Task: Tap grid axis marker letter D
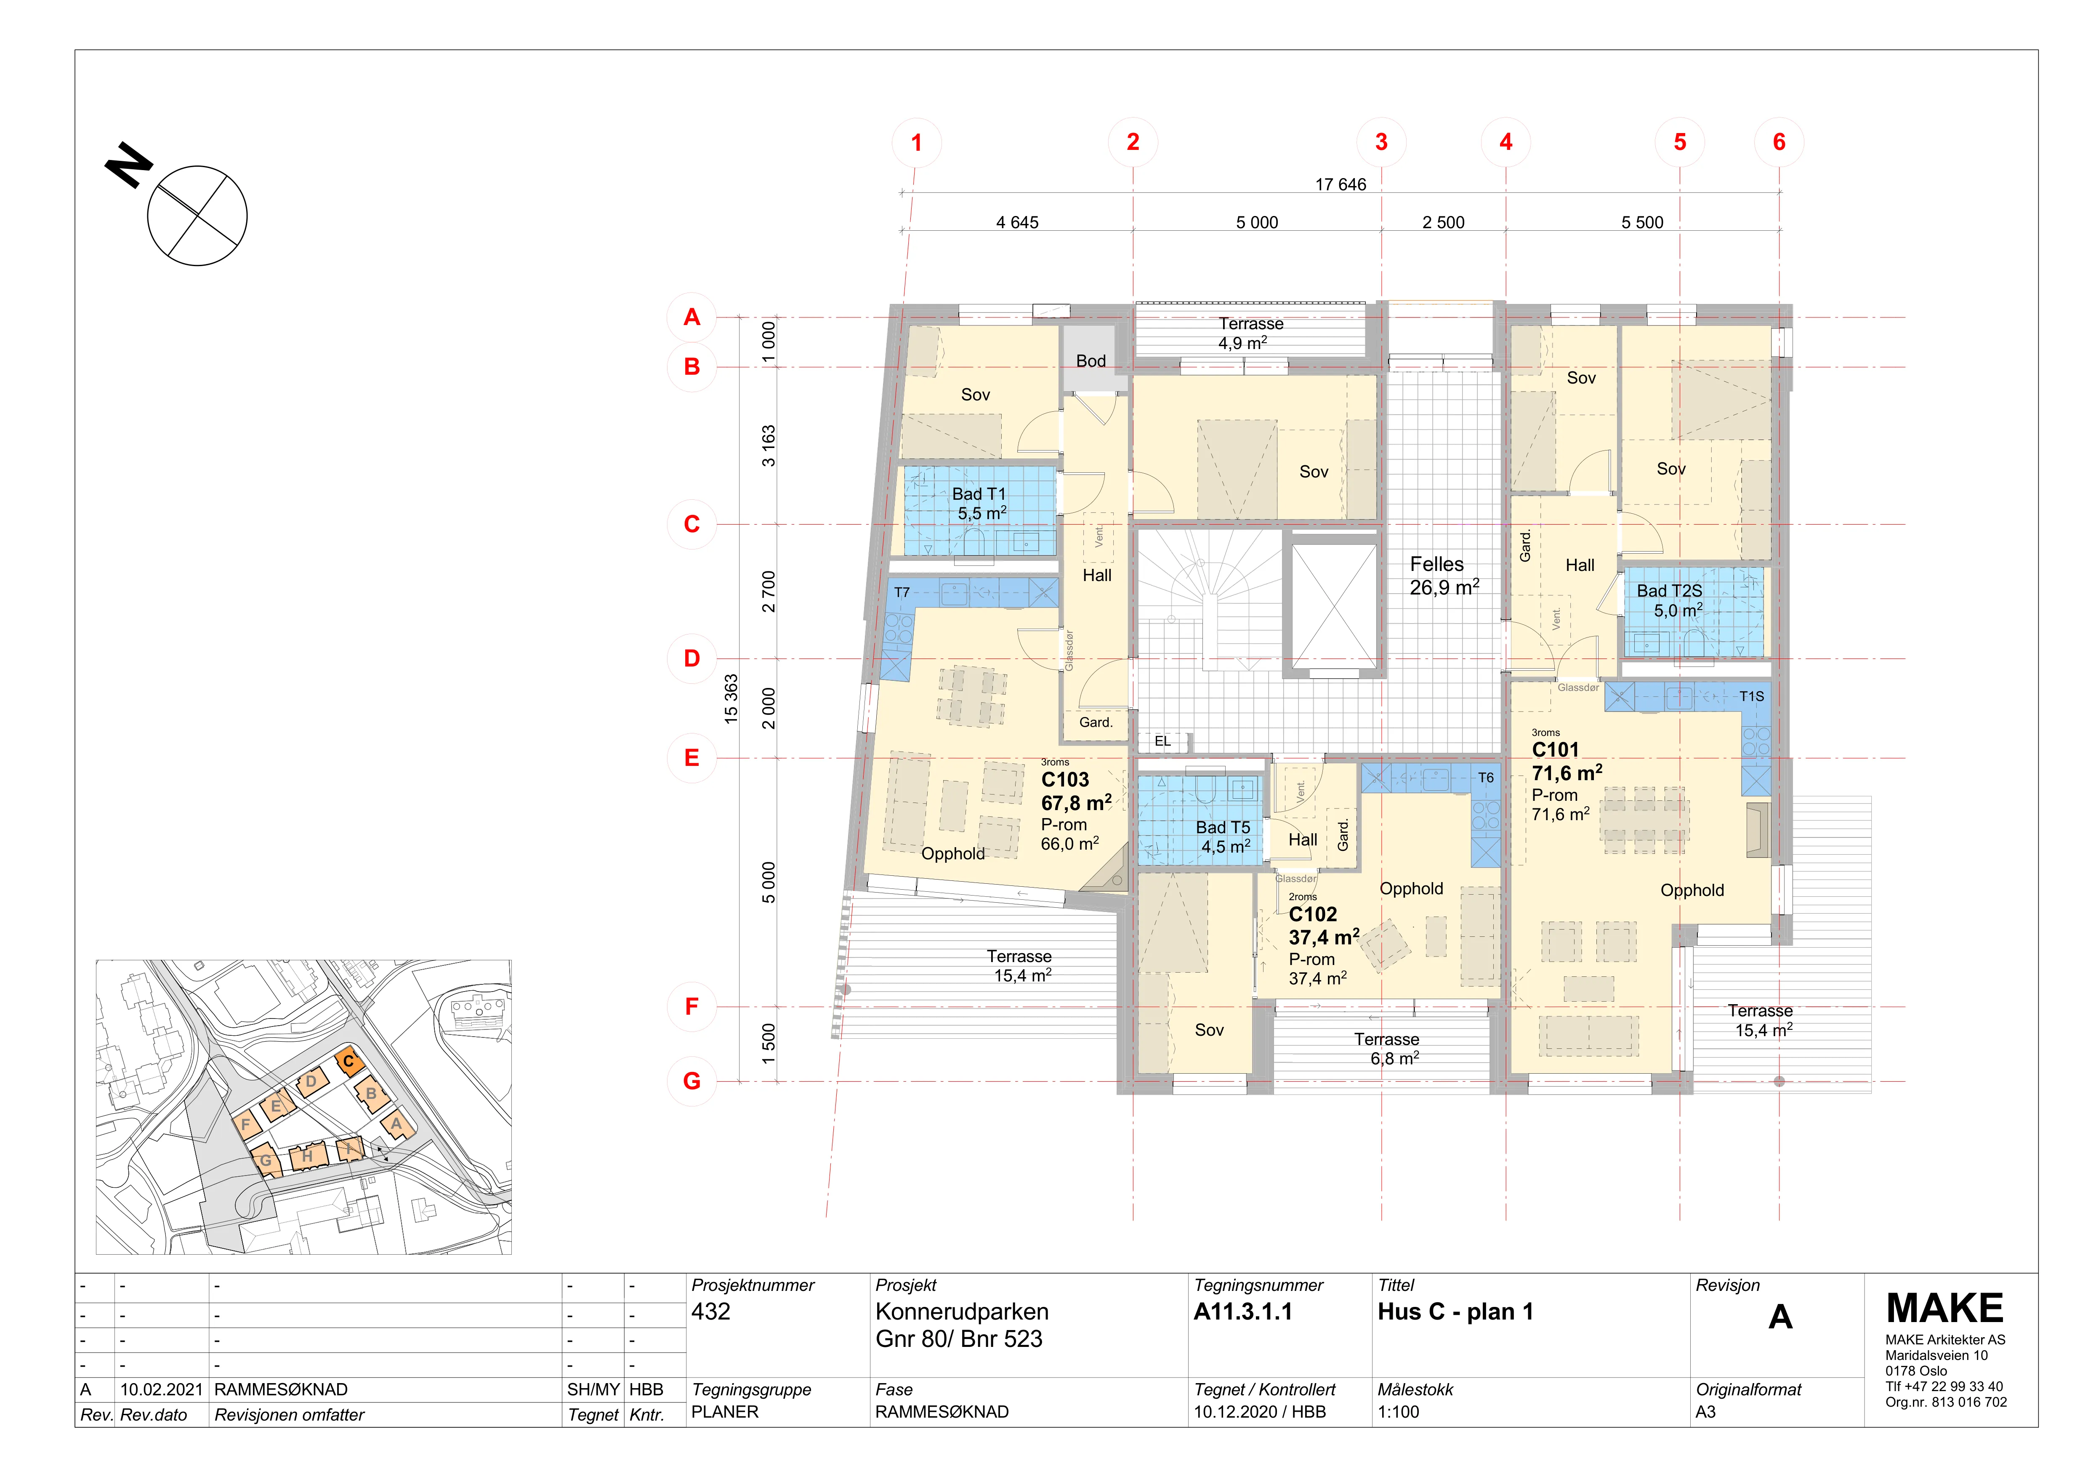point(692,659)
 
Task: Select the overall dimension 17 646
point(1341,184)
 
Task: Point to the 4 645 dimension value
point(1017,223)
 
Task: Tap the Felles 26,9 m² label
point(1444,576)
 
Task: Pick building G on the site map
point(266,1160)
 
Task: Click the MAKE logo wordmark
point(1944,1309)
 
